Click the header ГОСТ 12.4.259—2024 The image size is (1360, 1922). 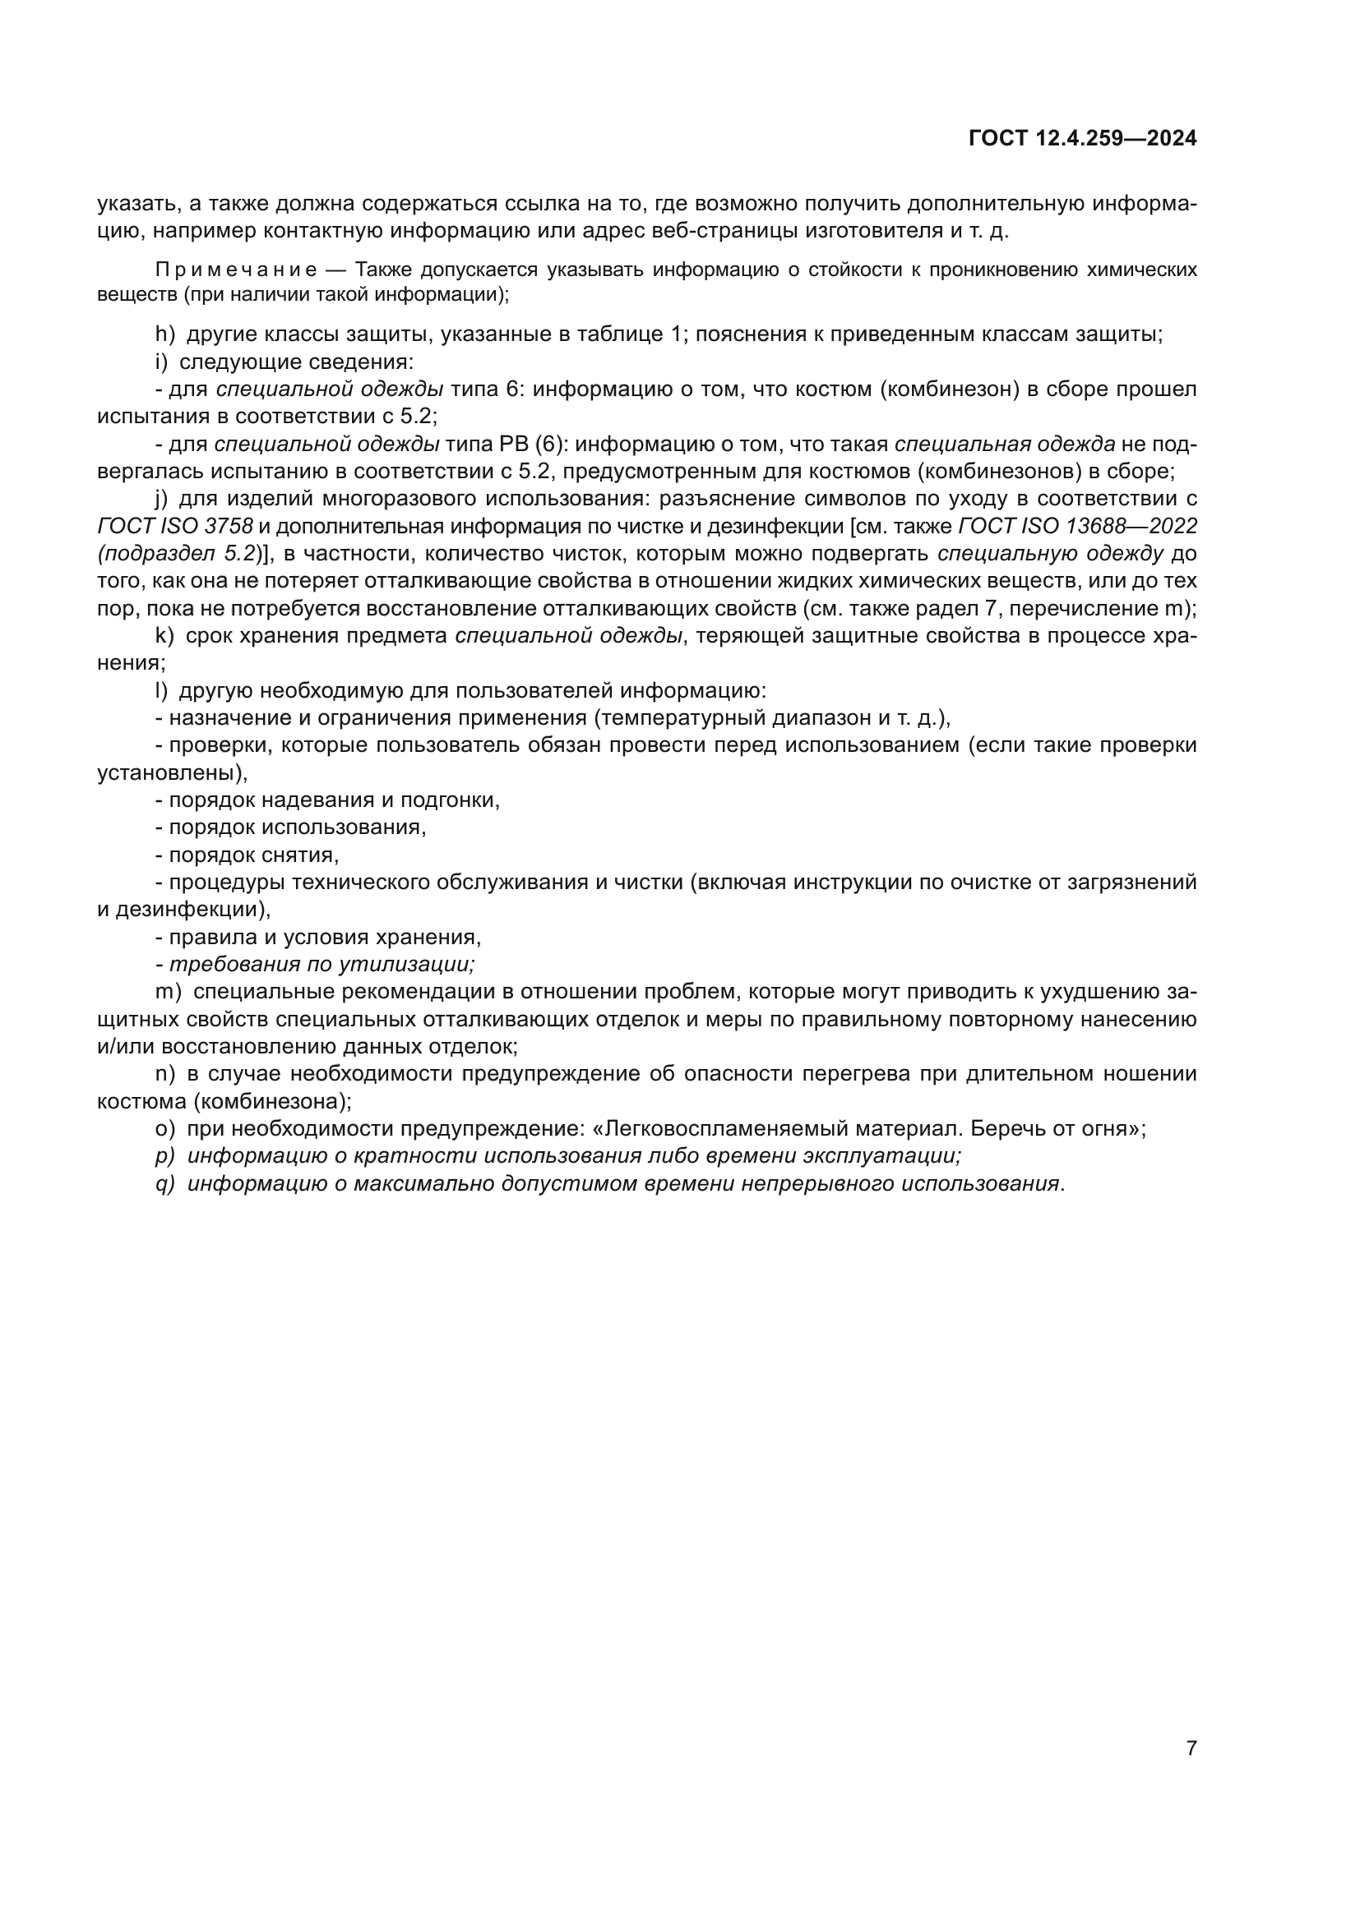tap(1082, 139)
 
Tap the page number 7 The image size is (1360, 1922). tap(1191, 1748)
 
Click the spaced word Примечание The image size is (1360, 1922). tap(236, 270)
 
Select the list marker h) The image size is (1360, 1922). tap(165, 334)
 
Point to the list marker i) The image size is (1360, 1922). tap(163, 362)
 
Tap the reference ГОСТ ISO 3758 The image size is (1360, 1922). tap(175, 527)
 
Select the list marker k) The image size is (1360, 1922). tap(165, 636)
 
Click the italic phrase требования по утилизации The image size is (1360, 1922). tap(321, 965)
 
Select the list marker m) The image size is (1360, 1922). tap(169, 992)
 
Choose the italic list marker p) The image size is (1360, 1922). tap(165, 1156)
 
